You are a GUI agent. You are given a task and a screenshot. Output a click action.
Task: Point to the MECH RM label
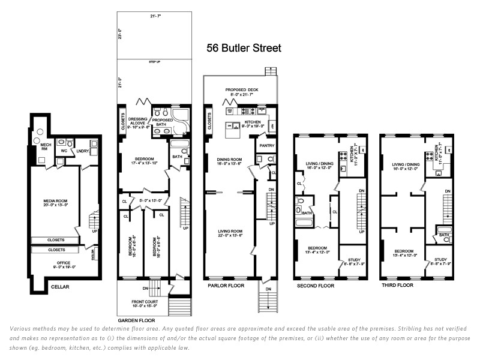(46, 145)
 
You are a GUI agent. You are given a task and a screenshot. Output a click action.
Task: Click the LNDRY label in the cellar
(82, 151)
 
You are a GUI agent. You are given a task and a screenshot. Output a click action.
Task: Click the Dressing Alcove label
(137, 120)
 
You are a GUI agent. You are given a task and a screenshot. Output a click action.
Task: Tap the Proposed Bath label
(163, 120)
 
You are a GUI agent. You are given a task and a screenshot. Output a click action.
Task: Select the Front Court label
(144, 302)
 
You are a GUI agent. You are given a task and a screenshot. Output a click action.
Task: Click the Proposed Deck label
(242, 88)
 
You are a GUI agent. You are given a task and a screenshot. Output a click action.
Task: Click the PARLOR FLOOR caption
(226, 286)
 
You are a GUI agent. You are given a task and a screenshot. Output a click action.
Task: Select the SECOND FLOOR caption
(315, 286)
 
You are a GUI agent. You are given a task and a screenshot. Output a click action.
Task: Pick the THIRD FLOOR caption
(397, 286)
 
